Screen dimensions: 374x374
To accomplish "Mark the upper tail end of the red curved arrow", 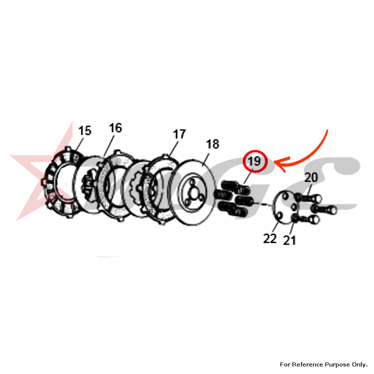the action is click(x=328, y=130).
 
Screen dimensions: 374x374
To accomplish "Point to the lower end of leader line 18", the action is click(x=202, y=166).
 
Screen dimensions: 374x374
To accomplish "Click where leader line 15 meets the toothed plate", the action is click(x=76, y=151).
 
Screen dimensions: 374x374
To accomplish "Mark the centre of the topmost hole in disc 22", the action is click(x=285, y=196).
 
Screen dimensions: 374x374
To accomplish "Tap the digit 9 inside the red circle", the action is click(x=257, y=161).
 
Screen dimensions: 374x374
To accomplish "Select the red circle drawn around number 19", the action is click(x=255, y=161).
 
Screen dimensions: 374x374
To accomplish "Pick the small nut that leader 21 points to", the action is click(x=295, y=218).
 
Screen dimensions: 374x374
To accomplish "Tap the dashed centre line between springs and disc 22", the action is click(x=260, y=203).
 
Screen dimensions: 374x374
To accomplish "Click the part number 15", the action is click(x=85, y=131).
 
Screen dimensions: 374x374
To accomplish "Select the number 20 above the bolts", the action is click(x=311, y=177).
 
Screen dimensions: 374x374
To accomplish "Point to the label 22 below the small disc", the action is click(x=270, y=238).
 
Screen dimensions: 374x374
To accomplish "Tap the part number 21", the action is click(x=289, y=240).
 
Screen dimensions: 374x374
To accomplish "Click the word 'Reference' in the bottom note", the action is click(x=308, y=364).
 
